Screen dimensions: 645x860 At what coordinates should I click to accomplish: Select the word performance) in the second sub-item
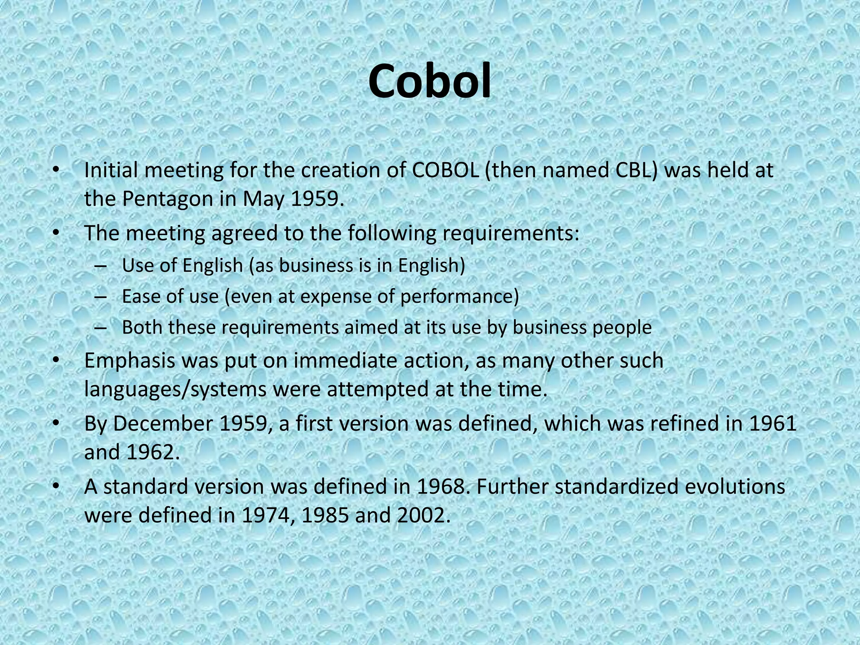(x=459, y=297)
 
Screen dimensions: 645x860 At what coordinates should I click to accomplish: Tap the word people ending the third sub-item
(x=622, y=328)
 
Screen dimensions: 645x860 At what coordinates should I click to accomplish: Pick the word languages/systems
(x=175, y=389)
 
